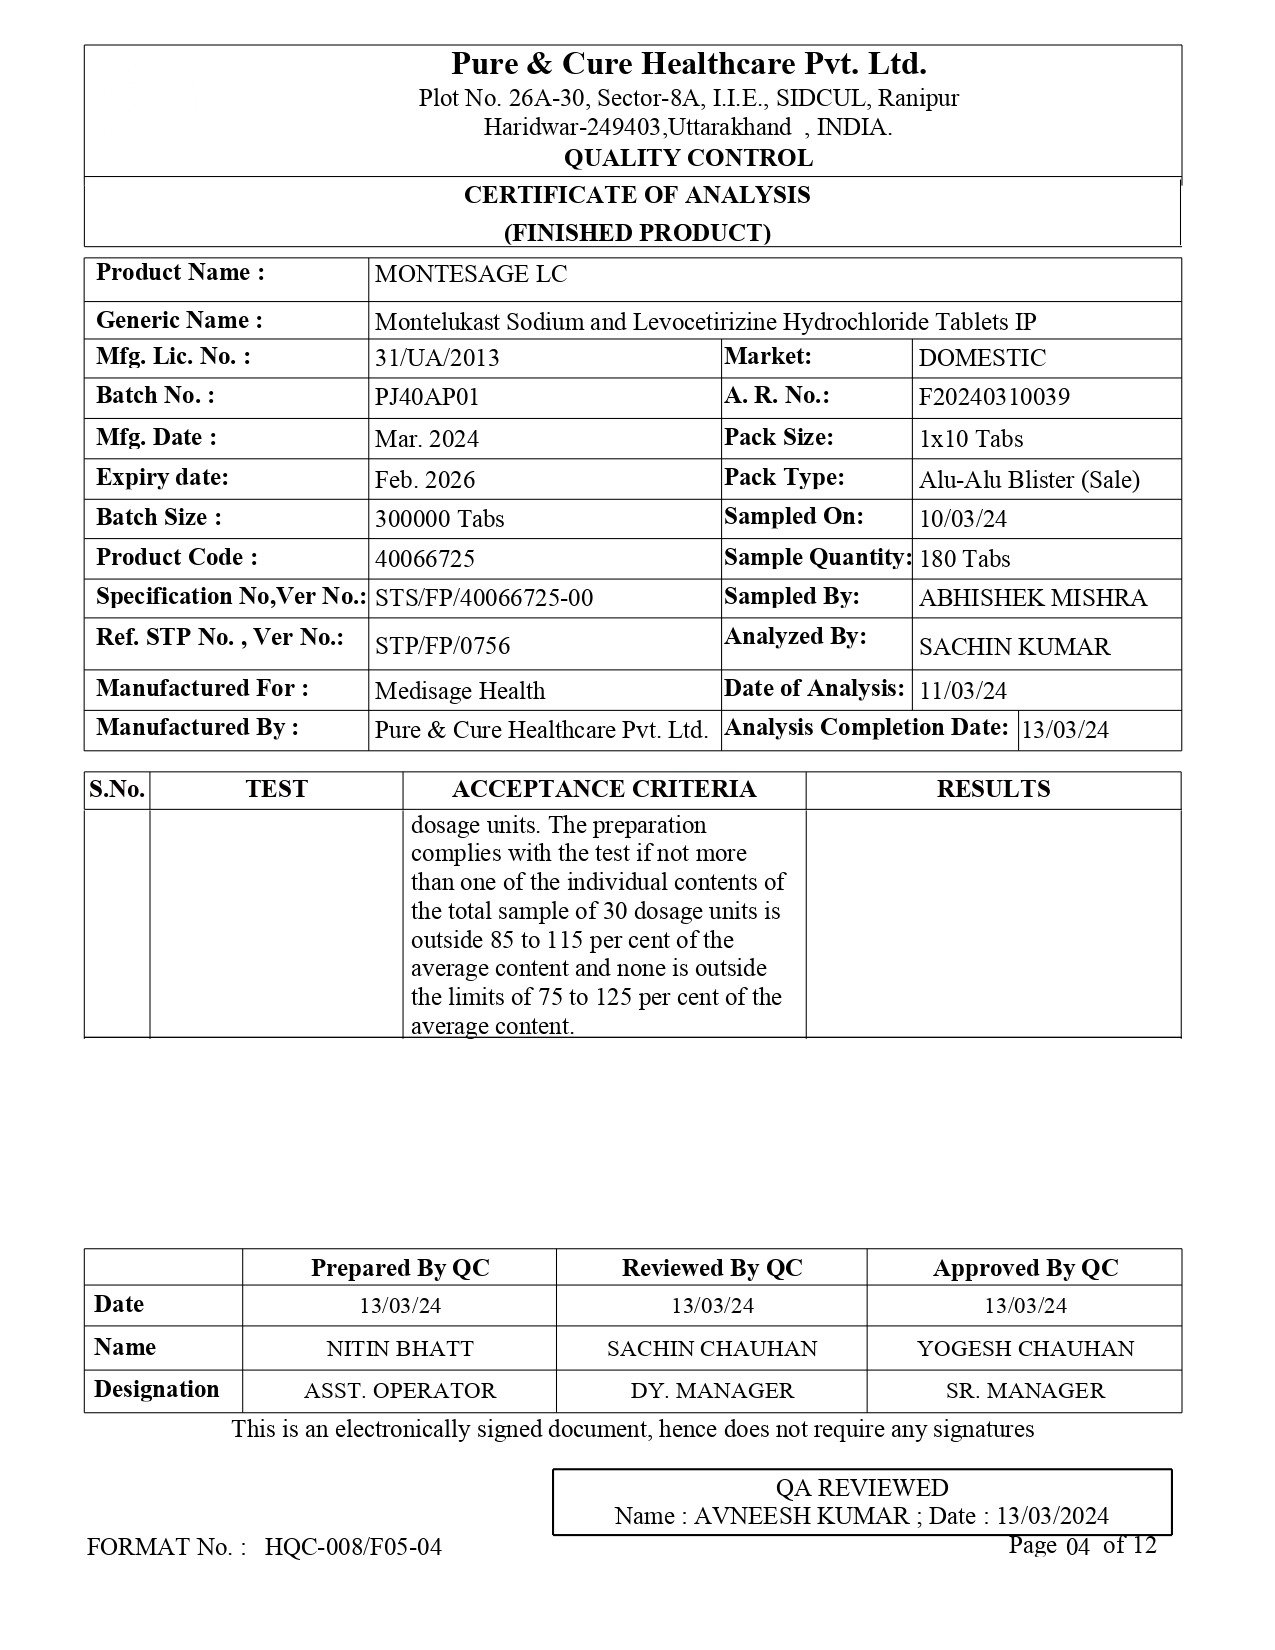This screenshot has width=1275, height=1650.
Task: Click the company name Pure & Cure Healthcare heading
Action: [688, 65]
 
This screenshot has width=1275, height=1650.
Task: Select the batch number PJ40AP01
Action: [427, 398]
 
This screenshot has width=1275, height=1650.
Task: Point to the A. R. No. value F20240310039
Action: [994, 398]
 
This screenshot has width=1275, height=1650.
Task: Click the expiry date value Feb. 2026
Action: [425, 480]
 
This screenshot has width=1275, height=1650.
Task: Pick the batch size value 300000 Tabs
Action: [439, 519]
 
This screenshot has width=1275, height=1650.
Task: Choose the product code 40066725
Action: [425, 558]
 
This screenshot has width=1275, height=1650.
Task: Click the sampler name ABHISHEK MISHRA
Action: [1033, 599]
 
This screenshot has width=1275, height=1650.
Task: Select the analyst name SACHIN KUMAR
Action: [1014, 647]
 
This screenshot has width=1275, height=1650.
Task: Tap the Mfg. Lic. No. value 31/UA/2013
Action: [437, 359]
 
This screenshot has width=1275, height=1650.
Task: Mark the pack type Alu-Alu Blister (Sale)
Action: [1029, 480]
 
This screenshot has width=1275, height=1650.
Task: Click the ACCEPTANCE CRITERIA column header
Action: [604, 790]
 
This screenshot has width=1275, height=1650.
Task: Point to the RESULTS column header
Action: [993, 790]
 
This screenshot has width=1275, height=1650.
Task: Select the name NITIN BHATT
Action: [400, 1349]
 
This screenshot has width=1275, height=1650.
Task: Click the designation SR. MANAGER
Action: [1025, 1391]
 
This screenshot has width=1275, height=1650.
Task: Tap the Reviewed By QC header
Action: [712, 1269]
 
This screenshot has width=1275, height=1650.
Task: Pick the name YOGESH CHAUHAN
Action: [1025, 1349]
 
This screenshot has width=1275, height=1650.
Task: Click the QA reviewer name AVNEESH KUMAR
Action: [801, 1516]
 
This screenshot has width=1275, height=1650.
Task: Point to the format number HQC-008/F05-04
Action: [353, 1548]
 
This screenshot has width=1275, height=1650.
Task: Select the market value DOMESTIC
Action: [982, 359]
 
